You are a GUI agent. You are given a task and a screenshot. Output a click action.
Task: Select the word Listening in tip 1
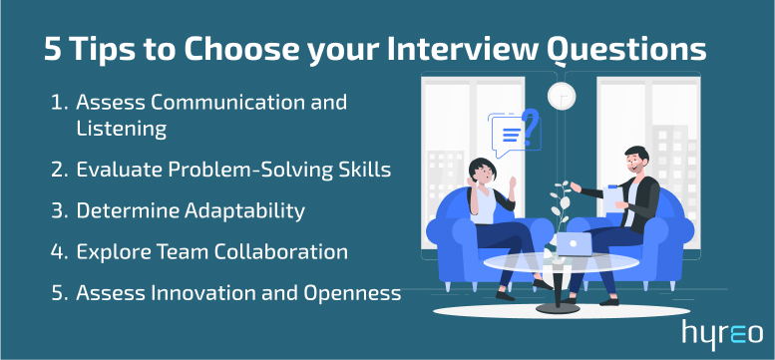point(121,129)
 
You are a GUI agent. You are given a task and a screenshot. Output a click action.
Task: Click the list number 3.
point(56,211)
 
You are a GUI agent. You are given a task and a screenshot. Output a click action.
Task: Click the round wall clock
point(561,95)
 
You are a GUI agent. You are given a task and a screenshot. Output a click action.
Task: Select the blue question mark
point(531,126)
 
